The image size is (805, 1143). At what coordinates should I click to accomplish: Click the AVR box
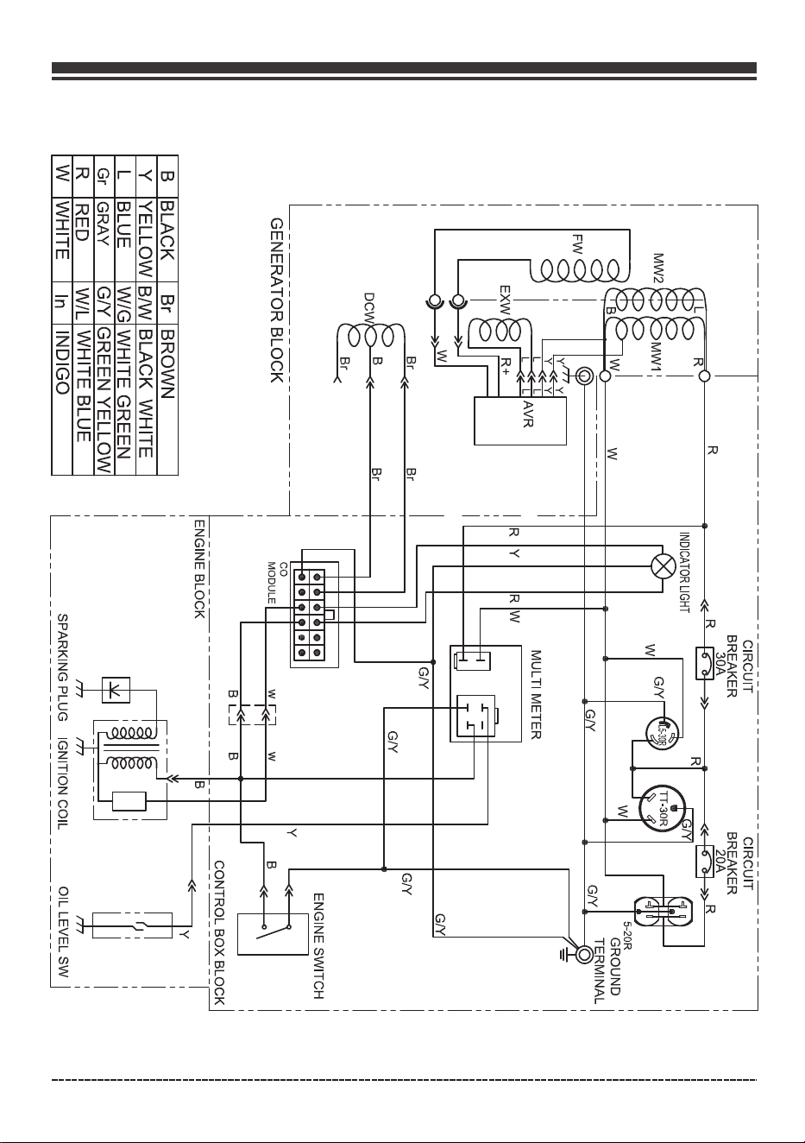pyautogui.click(x=519, y=421)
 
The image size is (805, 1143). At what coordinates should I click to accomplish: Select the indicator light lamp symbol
pyautogui.click(x=663, y=566)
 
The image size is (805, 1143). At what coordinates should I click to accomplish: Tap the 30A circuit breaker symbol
pyautogui.click(x=705, y=663)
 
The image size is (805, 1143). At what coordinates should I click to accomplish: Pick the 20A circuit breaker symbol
pyautogui.click(x=705, y=862)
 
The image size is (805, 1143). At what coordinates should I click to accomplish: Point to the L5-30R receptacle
pyautogui.click(x=661, y=733)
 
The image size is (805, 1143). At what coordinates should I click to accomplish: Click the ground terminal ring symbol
pyautogui.click(x=584, y=953)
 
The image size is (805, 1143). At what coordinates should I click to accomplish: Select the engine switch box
pyautogui.click(x=273, y=934)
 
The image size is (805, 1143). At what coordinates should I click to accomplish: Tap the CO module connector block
pyautogui.click(x=310, y=615)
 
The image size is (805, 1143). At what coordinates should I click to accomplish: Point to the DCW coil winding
pyautogui.click(x=371, y=334)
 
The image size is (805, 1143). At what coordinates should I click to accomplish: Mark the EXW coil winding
pyautogui.click(x=499, y=330)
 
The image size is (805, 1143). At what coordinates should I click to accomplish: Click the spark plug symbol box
pyautogui.click(x=116, y=690)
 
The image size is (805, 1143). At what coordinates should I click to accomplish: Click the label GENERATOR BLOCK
pyautogui.click(x=277, y=300)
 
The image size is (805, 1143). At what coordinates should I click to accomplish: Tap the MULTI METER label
pyautogui.click(x=536, y=694)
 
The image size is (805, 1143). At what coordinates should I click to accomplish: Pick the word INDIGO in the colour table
pyautogui.click(x=63, y=363)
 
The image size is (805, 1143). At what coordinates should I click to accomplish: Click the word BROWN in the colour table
pyautogui.click(x=168, y=363)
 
